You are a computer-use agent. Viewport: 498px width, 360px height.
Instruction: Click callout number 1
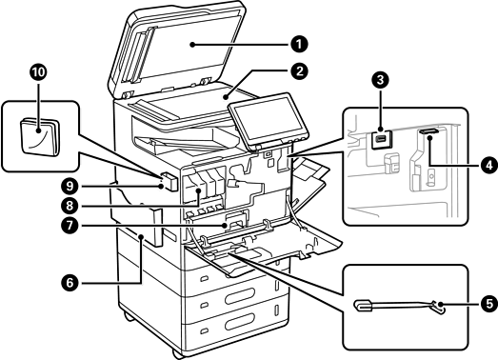pyautogui.click(x=299, y=44)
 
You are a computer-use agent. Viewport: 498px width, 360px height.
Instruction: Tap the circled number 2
pyautogui.click(x=299, y=71)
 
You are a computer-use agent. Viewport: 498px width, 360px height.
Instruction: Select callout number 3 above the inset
pyautogui.click(x=380, y=80)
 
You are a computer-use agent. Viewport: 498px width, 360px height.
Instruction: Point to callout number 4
pyautogui.click(x=489, y=165)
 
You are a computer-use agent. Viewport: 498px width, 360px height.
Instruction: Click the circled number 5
pyautogui.click(x=489, y=303)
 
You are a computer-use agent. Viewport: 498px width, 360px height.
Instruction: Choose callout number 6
pyautogui.click(x=70, y=283)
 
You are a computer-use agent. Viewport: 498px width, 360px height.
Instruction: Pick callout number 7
pyautogui.click(x=70, y=226)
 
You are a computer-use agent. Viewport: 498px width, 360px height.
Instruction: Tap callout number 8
pyautogui.click(x=70, y=206)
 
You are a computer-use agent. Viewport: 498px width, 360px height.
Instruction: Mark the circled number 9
pyautogui.click(x=70, y=187)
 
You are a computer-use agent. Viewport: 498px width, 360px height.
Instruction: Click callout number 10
pyautogui.click(x=38, y=72)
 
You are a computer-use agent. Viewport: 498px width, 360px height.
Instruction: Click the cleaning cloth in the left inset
pyautogui.click(x=40, y=137)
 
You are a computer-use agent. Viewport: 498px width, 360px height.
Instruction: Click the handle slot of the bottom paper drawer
pyautogui.click(x=240, y=321)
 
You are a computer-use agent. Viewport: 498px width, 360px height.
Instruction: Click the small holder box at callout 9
pyautogui.click(x=169, y=182)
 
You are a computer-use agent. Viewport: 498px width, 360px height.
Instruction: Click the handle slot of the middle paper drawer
pyautogui.click(x=240, y=296)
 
